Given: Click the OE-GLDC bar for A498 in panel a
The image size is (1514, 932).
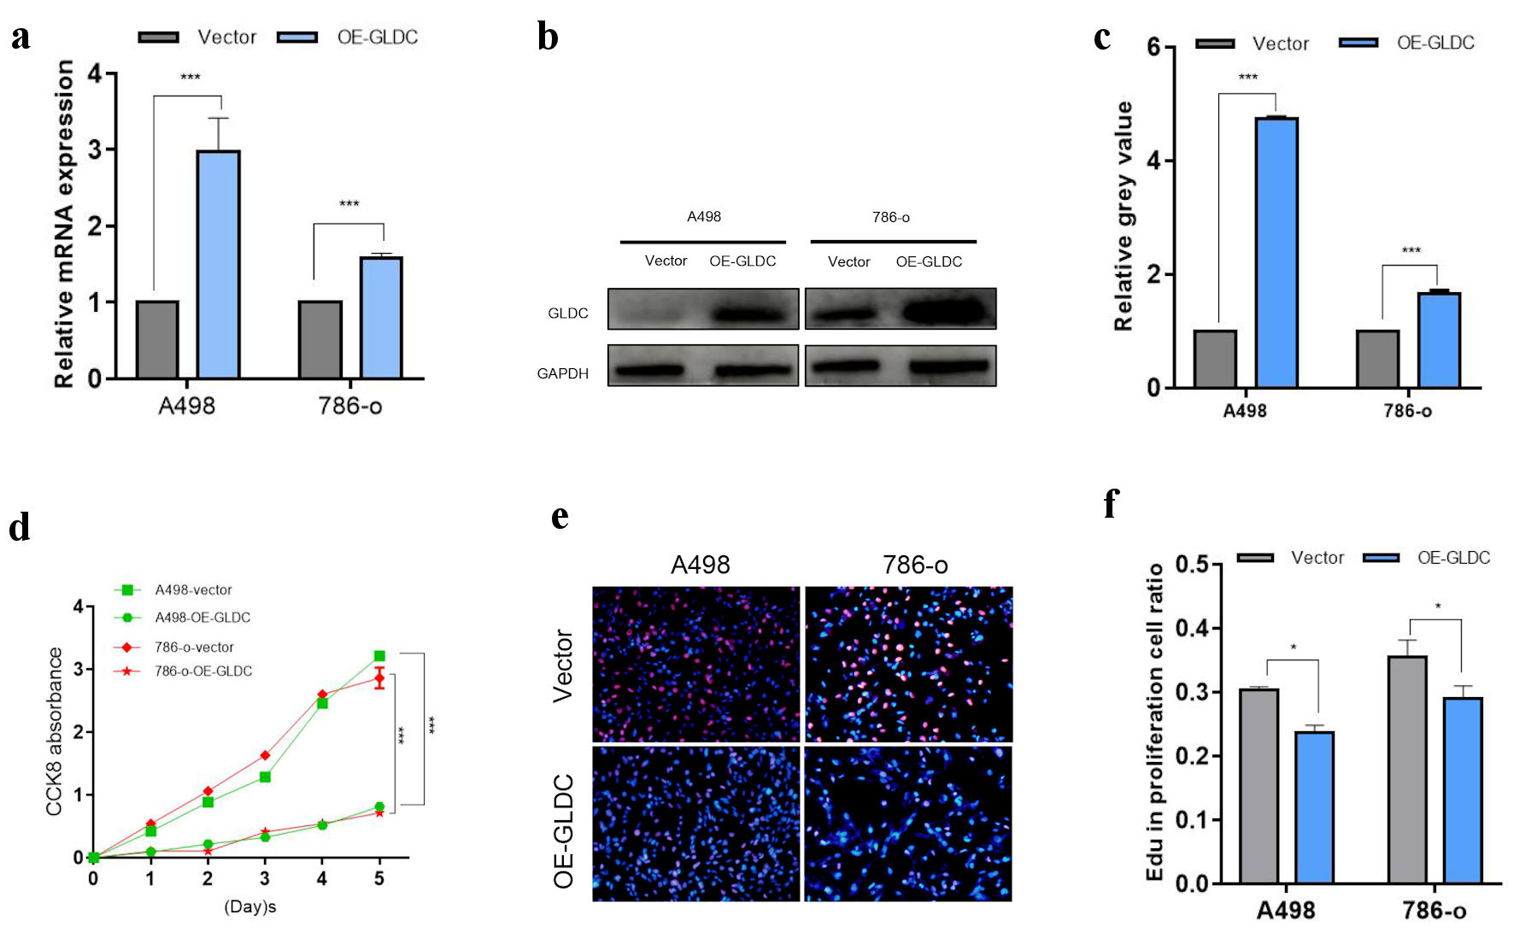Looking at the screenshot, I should pos(218,264).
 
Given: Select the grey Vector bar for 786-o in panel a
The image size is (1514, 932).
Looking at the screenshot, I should pos(320,339).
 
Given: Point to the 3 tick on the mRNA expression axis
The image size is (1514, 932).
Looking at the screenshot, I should pos(95,150).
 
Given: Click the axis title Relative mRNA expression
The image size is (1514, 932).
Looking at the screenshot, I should pos(64,224).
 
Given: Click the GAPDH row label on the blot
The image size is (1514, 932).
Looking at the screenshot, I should pos(562,373).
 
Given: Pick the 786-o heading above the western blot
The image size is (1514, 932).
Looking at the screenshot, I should pos(890,217).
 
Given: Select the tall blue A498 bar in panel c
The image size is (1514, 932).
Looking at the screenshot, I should pos(1276,253).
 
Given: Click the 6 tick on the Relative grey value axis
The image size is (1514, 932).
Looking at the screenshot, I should pos(1153,47).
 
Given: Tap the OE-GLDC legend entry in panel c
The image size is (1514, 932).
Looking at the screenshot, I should pos(1435,43).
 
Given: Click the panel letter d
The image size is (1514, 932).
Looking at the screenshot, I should pos(20,527).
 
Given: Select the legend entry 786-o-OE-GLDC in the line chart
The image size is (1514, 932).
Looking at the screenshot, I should pos(202,671).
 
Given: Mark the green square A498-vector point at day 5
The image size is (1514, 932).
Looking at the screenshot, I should pos(379,656).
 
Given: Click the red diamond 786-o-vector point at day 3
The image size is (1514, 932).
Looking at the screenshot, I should pos(265,755).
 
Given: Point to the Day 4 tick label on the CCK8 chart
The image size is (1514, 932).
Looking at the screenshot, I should pos(322,878).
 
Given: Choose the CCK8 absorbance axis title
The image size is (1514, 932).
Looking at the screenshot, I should pos(55,731).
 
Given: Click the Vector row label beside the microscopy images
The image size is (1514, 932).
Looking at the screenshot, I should pos(563,665).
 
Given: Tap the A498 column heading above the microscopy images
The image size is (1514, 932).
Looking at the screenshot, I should pos(700,565).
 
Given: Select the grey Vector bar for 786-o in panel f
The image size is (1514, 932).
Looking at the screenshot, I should pos(1407,769).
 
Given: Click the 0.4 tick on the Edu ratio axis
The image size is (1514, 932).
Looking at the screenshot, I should pos(1192,629).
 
